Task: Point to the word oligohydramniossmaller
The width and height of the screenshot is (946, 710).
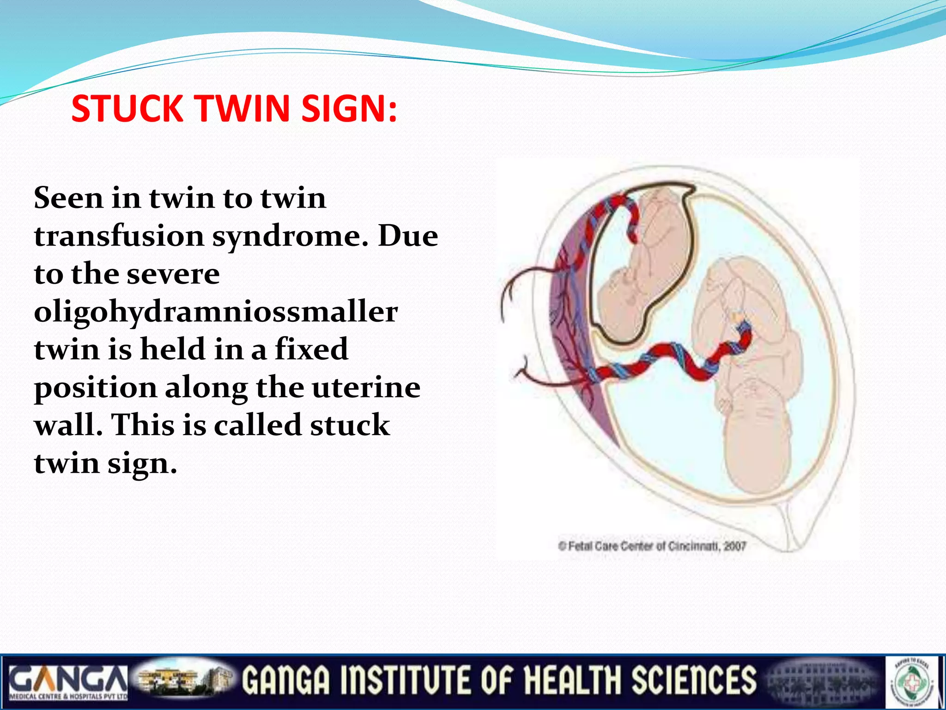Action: point(216,312)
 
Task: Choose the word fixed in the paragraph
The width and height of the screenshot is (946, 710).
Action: point(311,349)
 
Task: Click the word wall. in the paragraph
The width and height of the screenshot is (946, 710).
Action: point(68,425)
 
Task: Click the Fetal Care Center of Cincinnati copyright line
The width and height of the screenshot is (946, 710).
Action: point(652,546)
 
